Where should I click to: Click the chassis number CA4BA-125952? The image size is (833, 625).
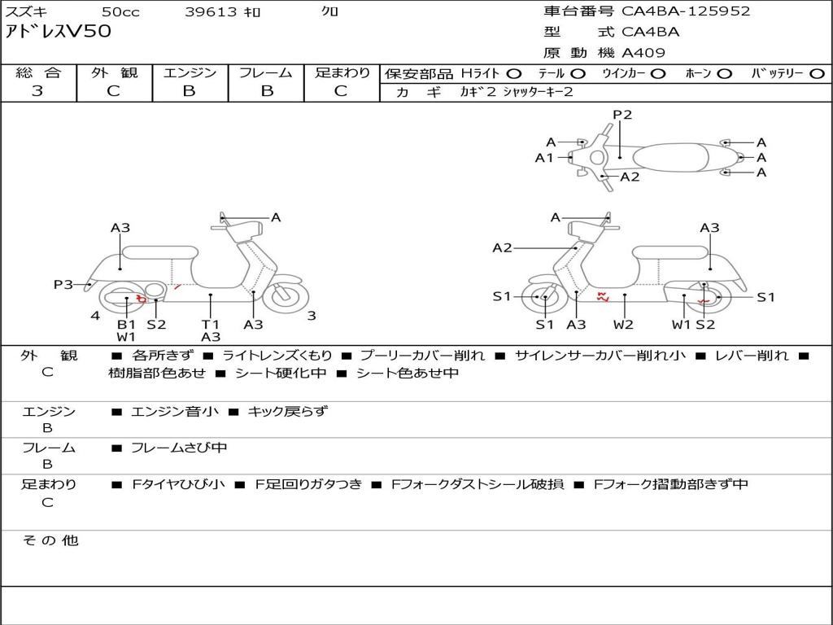coord(686,11)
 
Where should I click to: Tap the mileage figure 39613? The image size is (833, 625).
coord(210,12)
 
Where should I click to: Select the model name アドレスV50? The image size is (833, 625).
coord(59,32)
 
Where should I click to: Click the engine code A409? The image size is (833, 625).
coord(643,53)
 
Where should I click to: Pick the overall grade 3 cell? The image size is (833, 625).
coord(37,91)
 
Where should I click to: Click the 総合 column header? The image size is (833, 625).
coord(38,73)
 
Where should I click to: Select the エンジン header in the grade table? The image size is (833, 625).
coord(190,73)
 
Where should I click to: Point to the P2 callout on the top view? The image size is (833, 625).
coord(622,115)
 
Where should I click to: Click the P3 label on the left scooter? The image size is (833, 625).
coord(63,285)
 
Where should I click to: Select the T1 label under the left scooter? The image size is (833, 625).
coord(210,324)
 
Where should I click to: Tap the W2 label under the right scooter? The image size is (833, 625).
coord(623,324)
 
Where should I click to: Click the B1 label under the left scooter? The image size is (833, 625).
coord(126,324)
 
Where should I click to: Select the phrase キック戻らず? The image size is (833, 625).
coord(287,412)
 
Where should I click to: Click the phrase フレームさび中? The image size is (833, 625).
coord(179,448)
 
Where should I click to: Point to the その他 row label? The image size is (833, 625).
coord(50,540)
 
